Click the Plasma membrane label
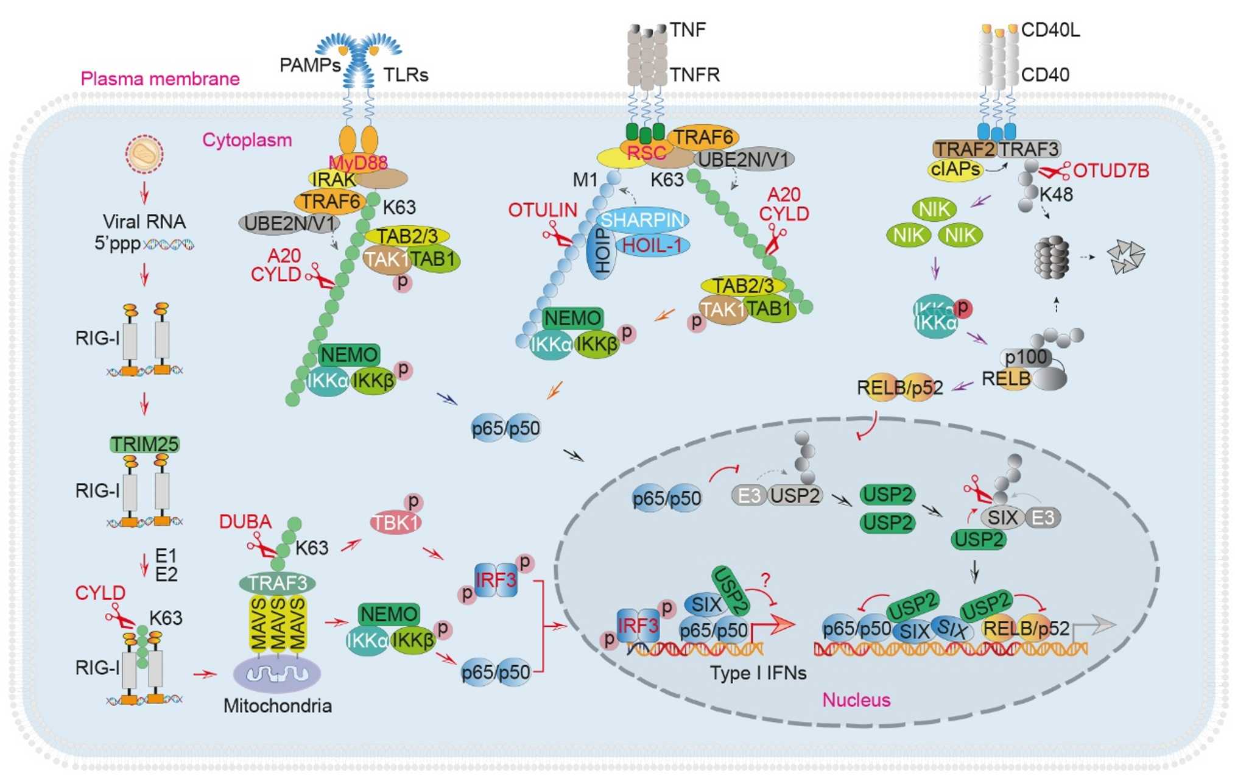click(x=160, y=79)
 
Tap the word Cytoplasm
click(x=247, y=140)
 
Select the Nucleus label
click(x=856, y=700)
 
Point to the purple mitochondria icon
click(x=277, y=674)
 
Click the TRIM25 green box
click(x=144, y=444)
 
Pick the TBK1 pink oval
click(x=396, y=523)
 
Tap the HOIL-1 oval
click(x=652, y=245)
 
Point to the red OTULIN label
click(x=543, y=210)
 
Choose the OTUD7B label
click(x=1111, y=171)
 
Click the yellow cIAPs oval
click(x=955, y=169)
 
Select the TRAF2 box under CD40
click(x=964, y=149)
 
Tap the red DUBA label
click(x=245, y=522)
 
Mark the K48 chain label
click(x=1056, y=195)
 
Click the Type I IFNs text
click(x=758, y=673)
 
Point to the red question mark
click(x=765, y=579)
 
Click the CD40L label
click(x=1050, y=30)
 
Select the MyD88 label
click(x=358, y=163)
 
